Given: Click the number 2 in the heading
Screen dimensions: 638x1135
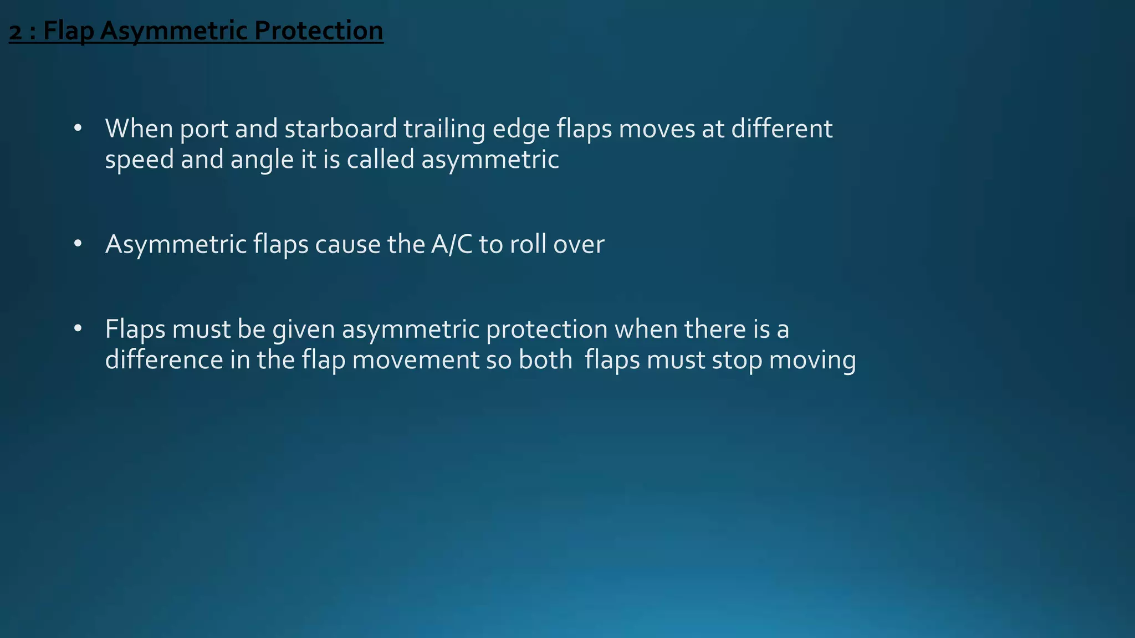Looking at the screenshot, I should [x=16, y=31].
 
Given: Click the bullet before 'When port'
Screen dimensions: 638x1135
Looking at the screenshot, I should [x=78, y=128].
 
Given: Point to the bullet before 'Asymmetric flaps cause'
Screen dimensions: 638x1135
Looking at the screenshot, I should [x=78, y=244].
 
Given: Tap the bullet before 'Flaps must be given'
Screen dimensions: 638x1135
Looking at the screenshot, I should [x=78, y=329].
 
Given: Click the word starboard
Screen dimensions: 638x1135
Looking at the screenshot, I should [x=340, y=128].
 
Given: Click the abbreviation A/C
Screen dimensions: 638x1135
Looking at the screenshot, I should [x=451, y=244].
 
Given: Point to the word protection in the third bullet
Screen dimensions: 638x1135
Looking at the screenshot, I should [x=546, y=330].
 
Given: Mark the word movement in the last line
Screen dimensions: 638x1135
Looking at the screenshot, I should [x=416, y=360].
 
